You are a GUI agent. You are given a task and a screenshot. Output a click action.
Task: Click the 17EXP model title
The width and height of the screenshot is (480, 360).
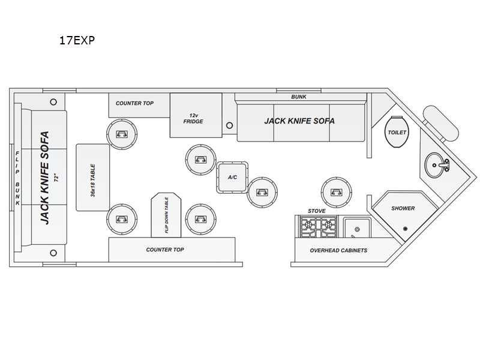pos(77,40)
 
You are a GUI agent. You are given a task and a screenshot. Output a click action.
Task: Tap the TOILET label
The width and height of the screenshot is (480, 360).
pos(397,133)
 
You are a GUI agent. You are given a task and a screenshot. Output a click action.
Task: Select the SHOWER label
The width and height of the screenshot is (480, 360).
pos(403,208)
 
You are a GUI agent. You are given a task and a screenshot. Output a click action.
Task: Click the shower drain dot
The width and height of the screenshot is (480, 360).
pos(406,229)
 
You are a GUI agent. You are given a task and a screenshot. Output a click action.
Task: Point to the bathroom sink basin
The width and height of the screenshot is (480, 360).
pos(434,166)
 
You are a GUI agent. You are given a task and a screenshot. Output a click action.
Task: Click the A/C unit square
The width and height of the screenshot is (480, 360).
pos(232,177)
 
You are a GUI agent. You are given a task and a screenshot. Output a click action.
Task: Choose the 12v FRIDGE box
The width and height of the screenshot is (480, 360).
pos(196,115)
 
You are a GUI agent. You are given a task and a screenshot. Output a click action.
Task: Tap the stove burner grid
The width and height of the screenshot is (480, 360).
pos(319,227)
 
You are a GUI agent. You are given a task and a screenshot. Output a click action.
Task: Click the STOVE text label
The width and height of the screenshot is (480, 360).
pos(317,211)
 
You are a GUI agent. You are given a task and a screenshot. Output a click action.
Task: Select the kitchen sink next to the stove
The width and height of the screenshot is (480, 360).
pos(356,227)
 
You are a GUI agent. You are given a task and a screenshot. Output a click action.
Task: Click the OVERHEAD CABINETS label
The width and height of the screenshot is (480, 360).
pos(338,250)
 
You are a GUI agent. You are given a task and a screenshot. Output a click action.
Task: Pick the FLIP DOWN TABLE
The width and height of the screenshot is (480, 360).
pos(166,215)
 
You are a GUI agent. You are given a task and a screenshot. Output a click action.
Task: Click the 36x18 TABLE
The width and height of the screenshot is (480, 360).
pos(93,178)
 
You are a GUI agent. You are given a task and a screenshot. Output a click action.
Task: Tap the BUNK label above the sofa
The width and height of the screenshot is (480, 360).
pos(299,97)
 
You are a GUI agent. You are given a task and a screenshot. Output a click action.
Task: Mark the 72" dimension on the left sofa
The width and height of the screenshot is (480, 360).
pos(56,178)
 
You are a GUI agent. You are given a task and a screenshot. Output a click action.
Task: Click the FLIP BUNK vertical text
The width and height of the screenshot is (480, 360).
pos(17,178)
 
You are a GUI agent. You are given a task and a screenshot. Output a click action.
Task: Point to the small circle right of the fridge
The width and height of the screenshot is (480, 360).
pos(229,125)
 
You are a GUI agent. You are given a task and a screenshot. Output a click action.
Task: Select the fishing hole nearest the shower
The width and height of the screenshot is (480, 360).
pos(337,192)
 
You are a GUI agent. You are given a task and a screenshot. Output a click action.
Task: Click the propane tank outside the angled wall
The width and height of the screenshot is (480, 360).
pos(440,124)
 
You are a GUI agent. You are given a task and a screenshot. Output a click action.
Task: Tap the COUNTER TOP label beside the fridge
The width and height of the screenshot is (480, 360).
pos(134,103)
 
